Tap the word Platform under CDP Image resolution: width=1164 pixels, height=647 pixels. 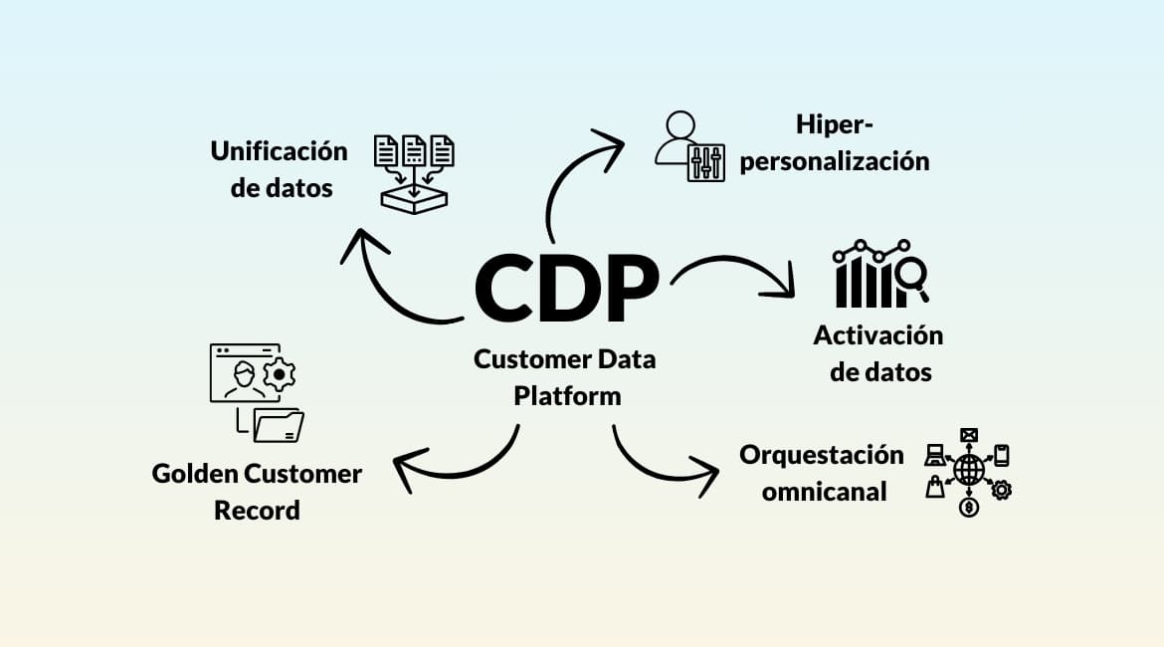tap(567, 395)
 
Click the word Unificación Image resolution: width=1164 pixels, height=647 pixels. tap(279, 151)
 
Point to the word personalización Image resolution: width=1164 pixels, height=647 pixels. tap(835, 160)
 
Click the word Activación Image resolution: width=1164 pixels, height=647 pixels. tap(877, 334)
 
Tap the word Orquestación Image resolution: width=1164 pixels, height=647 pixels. tap(821, 455)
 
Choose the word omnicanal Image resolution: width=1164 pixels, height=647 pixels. tap(824, 491)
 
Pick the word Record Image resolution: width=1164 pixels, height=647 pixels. tap(257, 511)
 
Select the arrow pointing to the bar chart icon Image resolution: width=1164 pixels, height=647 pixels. tap(736, 274)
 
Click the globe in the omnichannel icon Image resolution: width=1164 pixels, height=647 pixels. tap(968, 470)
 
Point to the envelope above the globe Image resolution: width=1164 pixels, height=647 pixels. tap(968, 435)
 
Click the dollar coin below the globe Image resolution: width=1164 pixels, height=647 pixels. tap(968, 508)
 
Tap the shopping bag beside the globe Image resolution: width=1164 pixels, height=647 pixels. tap(935, 487)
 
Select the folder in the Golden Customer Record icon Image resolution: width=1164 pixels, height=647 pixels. tap(279, 425)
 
